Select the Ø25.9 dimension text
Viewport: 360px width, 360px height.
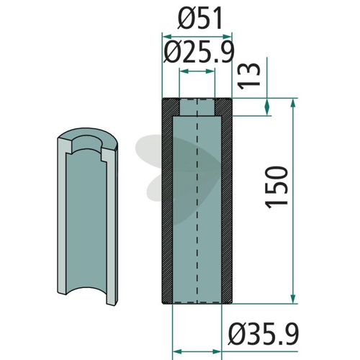(x=199, y=52)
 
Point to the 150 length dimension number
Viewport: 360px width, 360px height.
(x=276, y=187)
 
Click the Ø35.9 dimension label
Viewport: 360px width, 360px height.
(x=264, y=334)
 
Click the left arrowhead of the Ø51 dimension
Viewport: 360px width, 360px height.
(x=167, y=37)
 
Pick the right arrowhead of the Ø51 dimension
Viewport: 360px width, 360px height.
(x=227, y=37)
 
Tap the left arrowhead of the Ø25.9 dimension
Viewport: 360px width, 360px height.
(x=184, y=71)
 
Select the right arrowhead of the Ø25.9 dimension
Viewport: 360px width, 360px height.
(x=210, y=71)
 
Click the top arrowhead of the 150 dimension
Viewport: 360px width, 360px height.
(x=292, y=103)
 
